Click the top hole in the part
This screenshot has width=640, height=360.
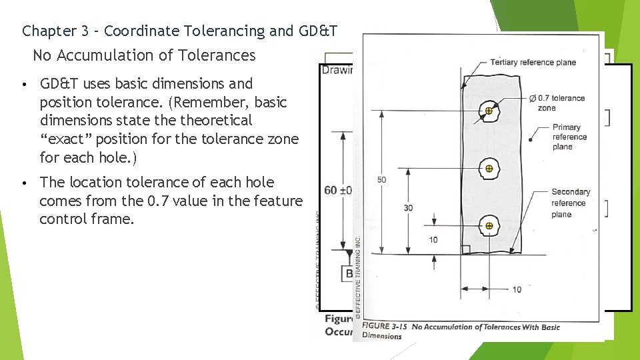[x=489, y=111]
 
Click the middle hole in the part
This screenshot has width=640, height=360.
[x=489, y=168]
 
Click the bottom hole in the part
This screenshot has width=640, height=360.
[x=489, y=226]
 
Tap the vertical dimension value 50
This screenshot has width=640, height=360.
[x=382, y=180]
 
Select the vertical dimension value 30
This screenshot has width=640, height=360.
[x=408, y=208]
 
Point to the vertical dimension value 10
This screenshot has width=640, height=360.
[x=434, y=240]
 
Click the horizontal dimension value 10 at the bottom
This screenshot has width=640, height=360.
[x=517, y=289]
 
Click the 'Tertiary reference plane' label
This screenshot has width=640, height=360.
[x=533, y=63]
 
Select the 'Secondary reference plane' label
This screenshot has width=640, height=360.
[x=570, y=203]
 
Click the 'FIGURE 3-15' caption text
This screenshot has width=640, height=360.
[x=385, y=326]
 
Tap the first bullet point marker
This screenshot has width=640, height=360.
[x=23, y=85]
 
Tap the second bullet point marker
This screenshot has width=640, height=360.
[x=23, y=183]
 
